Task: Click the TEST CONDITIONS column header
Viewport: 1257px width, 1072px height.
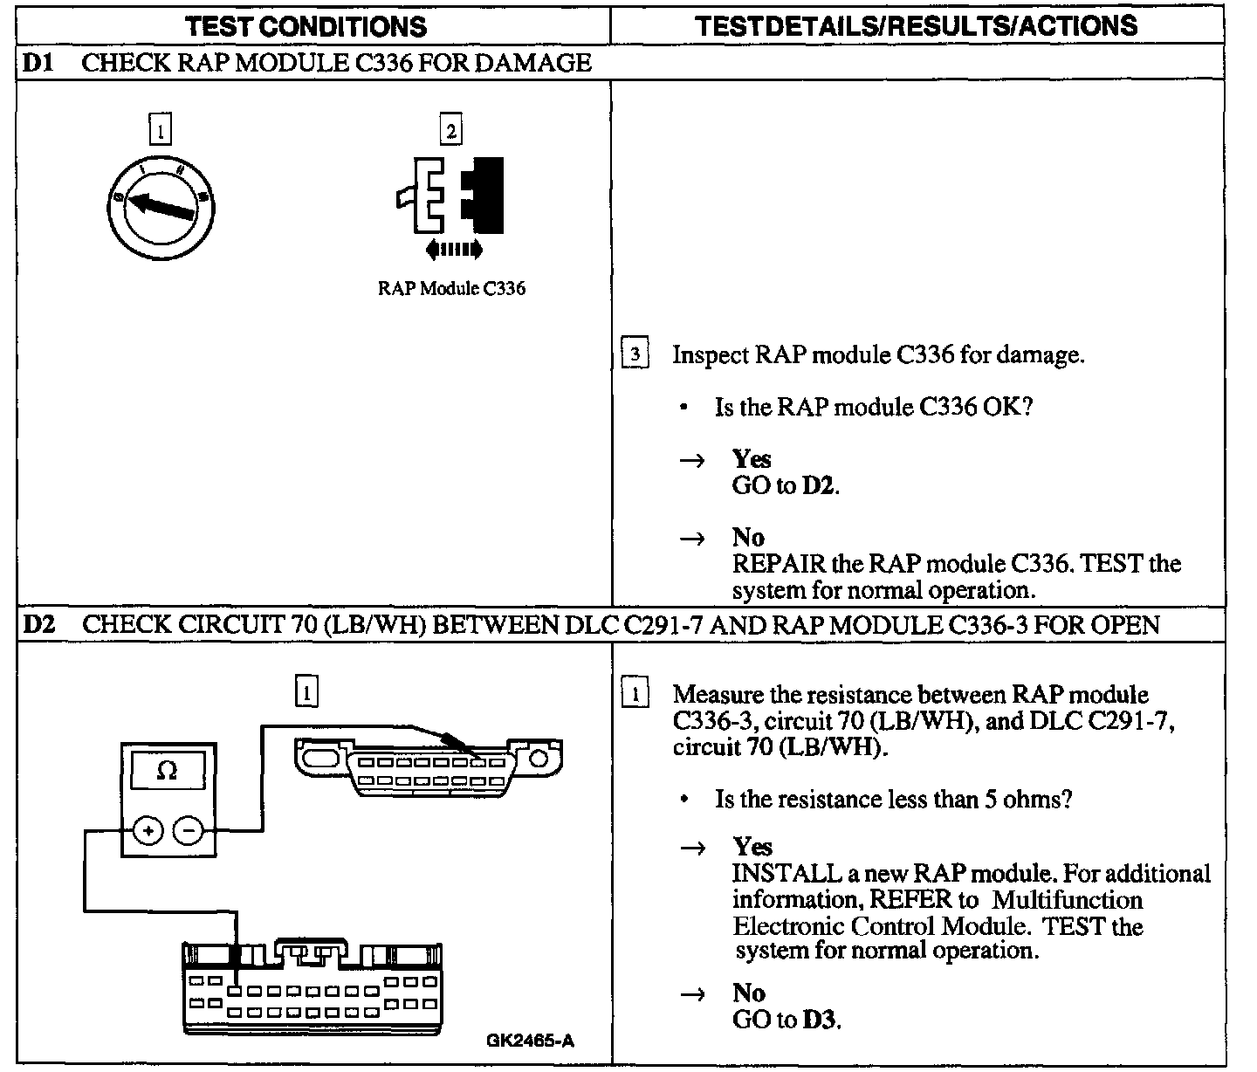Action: tap(306, 25)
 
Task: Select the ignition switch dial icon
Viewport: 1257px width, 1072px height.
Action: tap(162, 205)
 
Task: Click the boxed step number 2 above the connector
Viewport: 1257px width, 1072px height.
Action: tap(450, 131)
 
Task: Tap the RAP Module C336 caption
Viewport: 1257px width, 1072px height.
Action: tap(451, 289)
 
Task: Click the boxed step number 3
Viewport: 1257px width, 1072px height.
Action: tap(635, 354)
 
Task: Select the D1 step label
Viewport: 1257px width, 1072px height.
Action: tap(37, 63)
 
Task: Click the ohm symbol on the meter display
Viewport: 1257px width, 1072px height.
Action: tap(167, 772)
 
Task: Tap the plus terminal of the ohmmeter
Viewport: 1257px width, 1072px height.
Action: tap(148, 830)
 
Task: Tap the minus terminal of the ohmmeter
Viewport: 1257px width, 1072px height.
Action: tap(187, 830)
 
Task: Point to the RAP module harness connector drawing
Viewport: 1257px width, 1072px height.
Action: tap(312, 986)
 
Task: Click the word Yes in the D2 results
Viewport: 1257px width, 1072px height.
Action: tap(752, 847)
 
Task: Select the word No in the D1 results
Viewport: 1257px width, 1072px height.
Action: tap(748, 537)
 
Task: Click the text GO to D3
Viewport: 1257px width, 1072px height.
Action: tap(786, 1020)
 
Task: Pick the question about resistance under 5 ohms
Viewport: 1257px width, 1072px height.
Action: tap(893, 799)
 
